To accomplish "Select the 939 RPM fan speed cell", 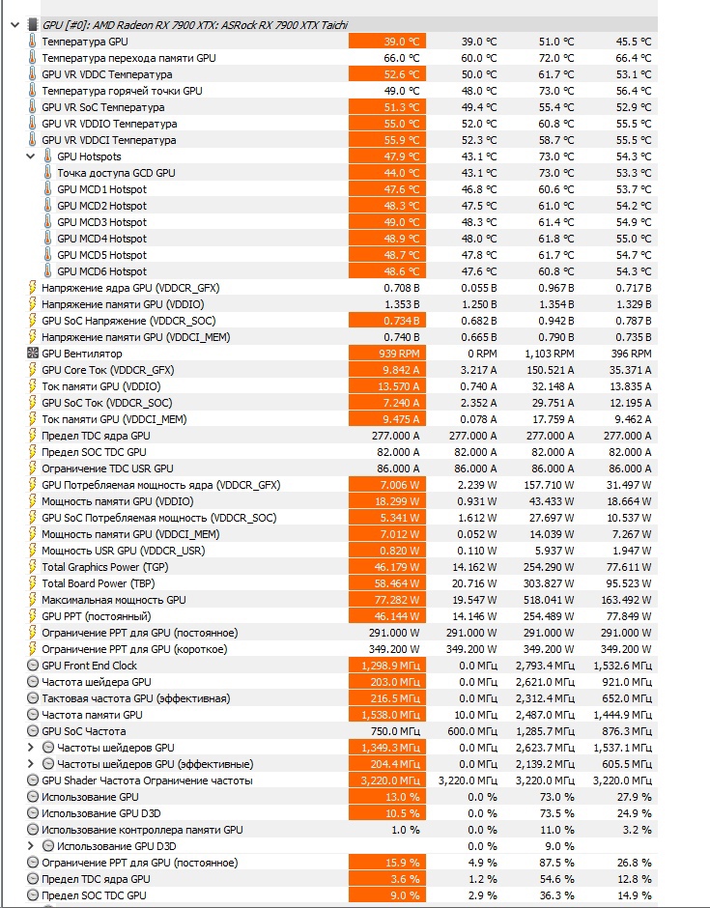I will pyautogui.click(x=386, y=354).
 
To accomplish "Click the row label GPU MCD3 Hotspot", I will pyautogui.click(x=101, y=222).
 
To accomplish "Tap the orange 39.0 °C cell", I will pyautogui.click(x=386, y=42).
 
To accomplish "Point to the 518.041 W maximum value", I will pyautogui.click(x=547, y=600).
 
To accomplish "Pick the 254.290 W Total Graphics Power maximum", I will pyautogui.click(x=547, y=567).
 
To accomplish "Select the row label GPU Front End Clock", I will pyautogui.click(x=89, y=666).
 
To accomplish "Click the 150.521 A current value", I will pyautogui.click(x=547, y=370).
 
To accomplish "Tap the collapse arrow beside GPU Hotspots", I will pyautogui.click(x=32, y=156).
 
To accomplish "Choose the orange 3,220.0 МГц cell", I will pyautogui.click(x=386, y=780).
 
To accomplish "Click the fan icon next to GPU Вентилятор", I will pyautogui.click(x=32, y=354).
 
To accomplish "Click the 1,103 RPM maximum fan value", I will pyautogui.click(x=547, y=354).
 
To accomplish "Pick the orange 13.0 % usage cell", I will pyautogui.click(x=386, y=797).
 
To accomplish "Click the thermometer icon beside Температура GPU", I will pyautogui.click(x=32, y=42).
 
